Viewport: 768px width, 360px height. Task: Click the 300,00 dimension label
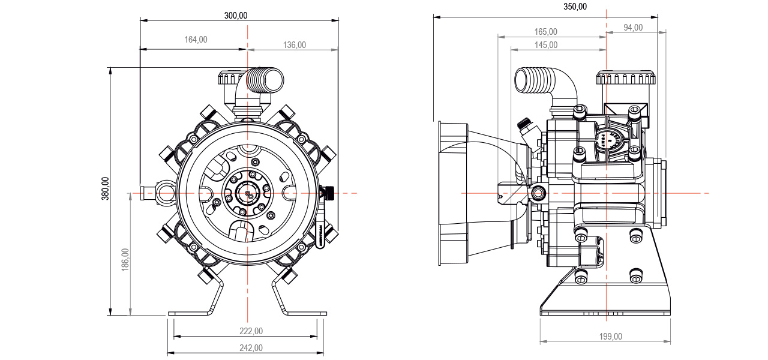tap(236, 16)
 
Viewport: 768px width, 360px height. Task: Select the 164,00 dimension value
tap(196, 40)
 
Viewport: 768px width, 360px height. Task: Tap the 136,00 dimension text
tap(294, 44)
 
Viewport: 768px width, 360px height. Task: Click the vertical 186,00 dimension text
tap(125, 260)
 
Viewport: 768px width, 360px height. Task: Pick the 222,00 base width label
tap(251, 331)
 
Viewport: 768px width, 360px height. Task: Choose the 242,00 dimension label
tap(251, 347)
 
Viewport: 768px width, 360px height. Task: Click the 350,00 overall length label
tap(575, 7)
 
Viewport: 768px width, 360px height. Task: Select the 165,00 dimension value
tap(545, 31)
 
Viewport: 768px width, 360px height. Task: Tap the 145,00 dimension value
tap(545, 44)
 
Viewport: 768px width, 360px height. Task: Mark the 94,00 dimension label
tap(632, 27)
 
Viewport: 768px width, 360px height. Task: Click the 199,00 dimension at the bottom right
tap(610, 337)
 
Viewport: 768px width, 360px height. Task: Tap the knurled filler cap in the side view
tap(624, 78)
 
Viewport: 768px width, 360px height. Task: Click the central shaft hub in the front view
tap(247, 193)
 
